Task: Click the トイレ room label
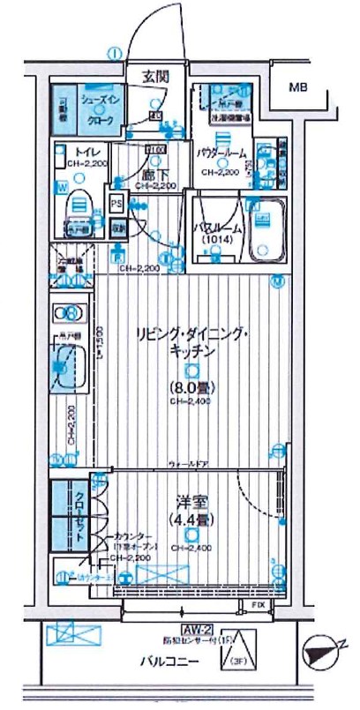[87, 150]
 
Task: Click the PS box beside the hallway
[116, 200]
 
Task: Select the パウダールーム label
[221, 153]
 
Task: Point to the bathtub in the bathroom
[267, 230]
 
